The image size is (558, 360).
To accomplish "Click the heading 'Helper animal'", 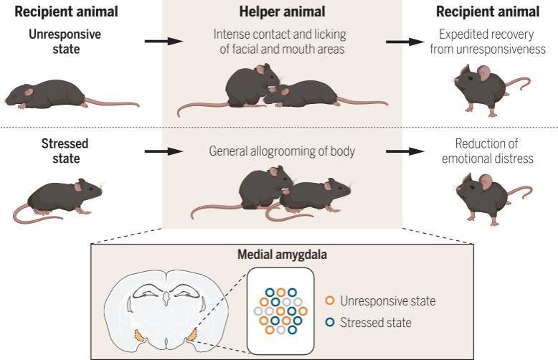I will coord(280,11).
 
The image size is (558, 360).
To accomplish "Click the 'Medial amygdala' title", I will coord(280,254).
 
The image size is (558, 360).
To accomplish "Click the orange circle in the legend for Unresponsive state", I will coord(330,300).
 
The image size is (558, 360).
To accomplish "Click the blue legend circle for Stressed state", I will coord(330,322).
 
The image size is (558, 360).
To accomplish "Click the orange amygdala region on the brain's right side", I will coord(191,333).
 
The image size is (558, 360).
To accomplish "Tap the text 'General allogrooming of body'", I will coord(280,151).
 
